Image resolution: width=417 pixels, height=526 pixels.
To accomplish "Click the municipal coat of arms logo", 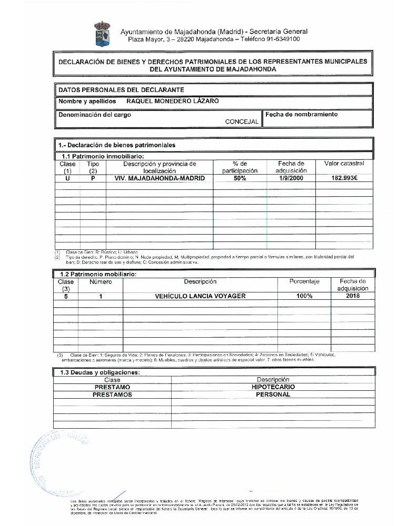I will [x=102, y=33].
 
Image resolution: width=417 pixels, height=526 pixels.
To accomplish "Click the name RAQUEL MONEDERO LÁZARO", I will [x=173, y=101].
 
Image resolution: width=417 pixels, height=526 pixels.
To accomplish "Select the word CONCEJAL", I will [x=242, y=122].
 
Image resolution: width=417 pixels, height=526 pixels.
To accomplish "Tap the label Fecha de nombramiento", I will [x=302, y=114].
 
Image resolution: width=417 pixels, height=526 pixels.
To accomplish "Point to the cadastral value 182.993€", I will [x=344, y=178].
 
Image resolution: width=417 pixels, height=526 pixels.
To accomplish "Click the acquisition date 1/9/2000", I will [x=291, y=178].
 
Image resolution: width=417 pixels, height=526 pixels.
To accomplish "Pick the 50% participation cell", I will [x=240, y=178].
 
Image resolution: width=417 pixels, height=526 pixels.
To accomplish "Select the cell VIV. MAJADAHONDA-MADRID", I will [x=160, y=178].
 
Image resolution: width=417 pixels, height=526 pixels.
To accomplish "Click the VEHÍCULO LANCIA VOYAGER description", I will [x=200, y=296].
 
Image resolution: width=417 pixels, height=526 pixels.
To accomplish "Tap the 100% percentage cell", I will [x=304, y=296].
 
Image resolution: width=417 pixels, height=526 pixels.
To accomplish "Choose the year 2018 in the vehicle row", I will [x=353, y=296].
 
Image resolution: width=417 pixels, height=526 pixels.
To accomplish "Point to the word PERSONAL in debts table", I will [x=273, y=394].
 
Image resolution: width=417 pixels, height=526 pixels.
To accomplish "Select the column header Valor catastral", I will [x=344, y=164].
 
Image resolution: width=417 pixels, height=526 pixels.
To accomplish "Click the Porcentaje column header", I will [x=304, y=282].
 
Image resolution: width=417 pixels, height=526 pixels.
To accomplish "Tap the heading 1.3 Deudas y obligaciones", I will [x=100, y=372].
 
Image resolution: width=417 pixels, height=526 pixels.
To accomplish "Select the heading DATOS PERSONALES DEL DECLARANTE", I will [x=121, y=90].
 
